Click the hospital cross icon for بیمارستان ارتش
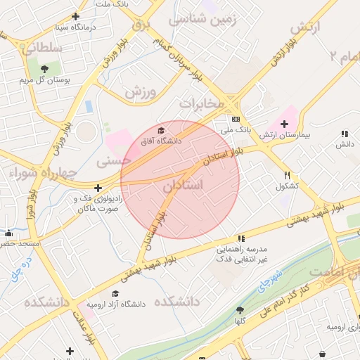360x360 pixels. click(284, 124)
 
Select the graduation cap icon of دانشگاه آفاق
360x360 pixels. click(161, 130)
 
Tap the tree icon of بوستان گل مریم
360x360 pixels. click(45, 69)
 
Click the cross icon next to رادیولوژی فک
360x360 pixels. click(98, 188)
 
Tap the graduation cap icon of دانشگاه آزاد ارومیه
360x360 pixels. click(115, 293)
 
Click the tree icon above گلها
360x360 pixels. click(240, 310)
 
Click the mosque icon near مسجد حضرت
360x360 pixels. click(8, 233)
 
